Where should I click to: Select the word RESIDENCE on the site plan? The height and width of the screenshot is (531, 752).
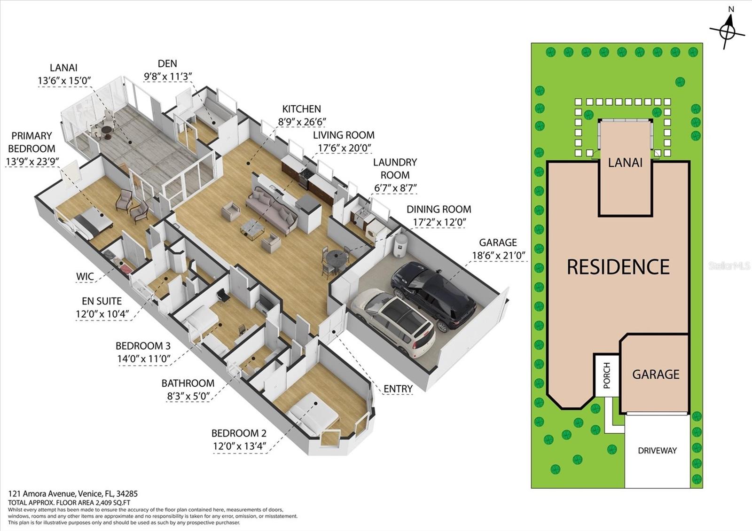618,267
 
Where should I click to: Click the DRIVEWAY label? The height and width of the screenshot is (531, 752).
657,451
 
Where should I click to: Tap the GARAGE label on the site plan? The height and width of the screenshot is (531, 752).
656,375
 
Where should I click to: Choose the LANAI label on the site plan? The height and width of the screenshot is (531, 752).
625,163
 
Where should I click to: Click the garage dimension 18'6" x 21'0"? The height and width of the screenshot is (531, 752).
498,256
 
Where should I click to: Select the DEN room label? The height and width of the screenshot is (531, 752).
167,63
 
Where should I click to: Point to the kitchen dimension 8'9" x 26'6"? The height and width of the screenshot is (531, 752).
302,122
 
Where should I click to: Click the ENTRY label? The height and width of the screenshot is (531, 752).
398,389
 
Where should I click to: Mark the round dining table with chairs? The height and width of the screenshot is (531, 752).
336,258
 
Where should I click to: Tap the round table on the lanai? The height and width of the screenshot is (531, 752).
106,130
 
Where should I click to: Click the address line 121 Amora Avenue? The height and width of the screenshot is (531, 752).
73,494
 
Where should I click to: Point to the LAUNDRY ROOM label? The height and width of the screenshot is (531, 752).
395,168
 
